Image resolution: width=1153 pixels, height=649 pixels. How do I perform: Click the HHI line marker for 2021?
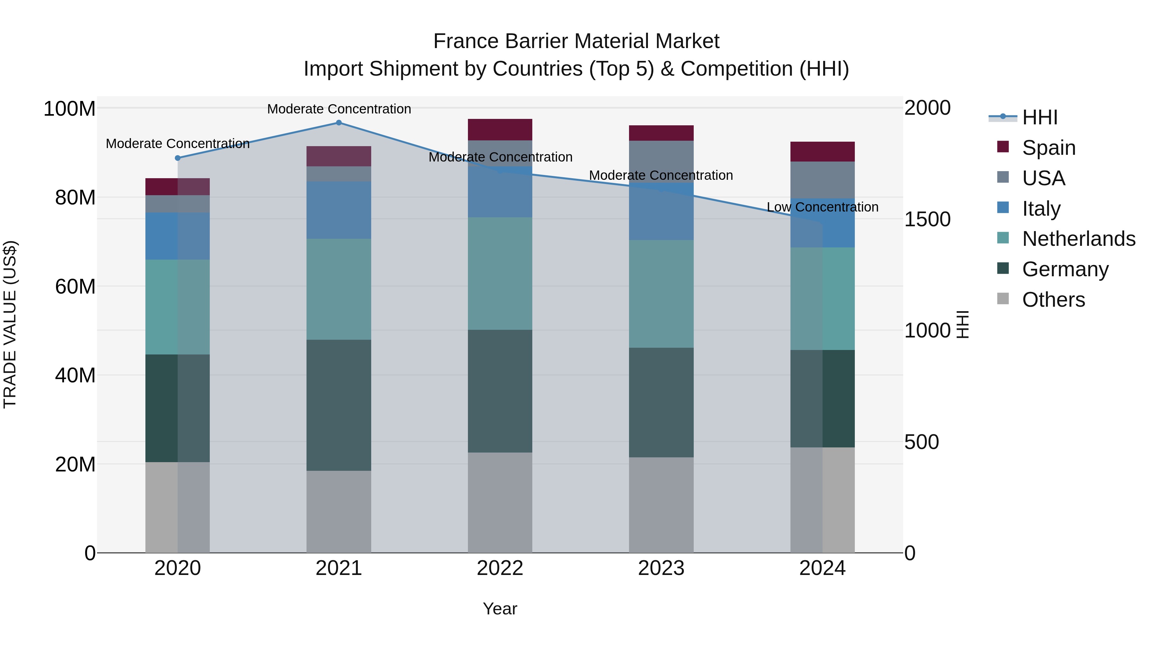[339, 123]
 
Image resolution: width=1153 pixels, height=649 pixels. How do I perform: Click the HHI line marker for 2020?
[178, 158]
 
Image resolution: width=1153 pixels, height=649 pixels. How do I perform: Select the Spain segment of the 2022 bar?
[500, 129]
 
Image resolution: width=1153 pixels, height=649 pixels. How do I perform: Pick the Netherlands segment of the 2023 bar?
[661, 294]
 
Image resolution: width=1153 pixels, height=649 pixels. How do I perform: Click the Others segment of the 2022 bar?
[500, 503]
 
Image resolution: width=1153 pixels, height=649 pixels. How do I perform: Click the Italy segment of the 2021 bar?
[339, 210]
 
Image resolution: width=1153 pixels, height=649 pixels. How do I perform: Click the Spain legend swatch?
[1003, 147]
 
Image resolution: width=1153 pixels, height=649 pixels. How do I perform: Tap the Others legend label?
[1054, 300]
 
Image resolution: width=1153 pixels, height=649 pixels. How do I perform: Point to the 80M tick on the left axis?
[75, 197]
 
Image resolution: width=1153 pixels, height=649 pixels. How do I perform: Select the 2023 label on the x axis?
[661, 568]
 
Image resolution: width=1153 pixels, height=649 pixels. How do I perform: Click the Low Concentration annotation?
[822, 207]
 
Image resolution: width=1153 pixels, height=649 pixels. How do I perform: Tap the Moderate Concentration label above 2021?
[339, 109]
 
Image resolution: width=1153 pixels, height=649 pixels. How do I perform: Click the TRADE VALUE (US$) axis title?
[10, 324]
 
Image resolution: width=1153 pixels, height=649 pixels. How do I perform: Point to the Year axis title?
[500, 609]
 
